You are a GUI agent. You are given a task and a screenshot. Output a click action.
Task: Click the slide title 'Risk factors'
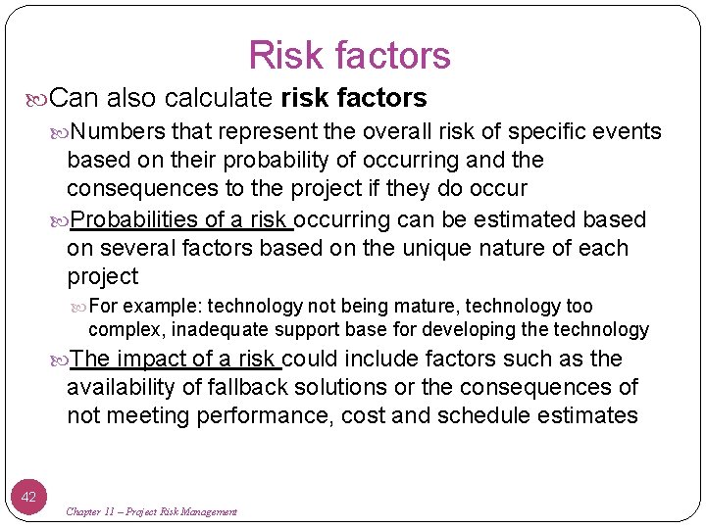tap(349, 55)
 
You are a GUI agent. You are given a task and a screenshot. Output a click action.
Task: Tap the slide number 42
tap(28, 497)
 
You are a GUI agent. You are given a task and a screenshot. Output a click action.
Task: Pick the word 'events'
tap(628, 132)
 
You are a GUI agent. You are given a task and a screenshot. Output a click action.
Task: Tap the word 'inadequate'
tap(218, 329)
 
